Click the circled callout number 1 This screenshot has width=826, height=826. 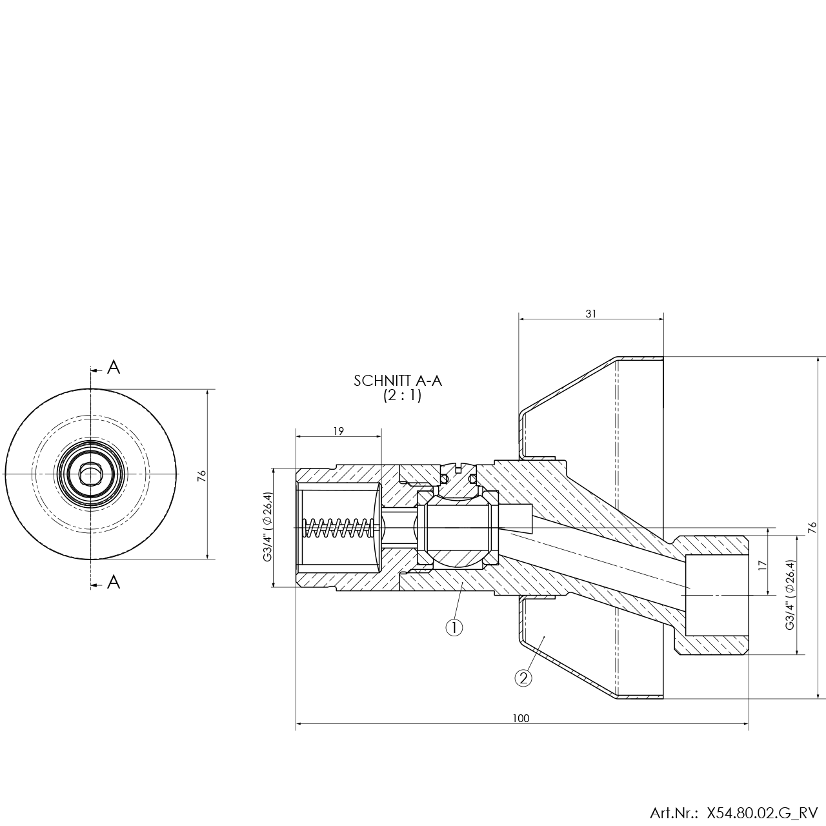point(454,628)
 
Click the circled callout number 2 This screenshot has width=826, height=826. point(523,678)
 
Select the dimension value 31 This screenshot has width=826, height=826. point(591,314)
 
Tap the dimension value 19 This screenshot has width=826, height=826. point(339,431)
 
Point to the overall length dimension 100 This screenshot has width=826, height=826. point(521,718)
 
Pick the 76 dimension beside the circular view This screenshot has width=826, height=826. point(202,476)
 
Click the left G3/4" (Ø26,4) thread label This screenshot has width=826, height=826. point(267,527)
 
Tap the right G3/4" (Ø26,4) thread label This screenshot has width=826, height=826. point(790,594)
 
